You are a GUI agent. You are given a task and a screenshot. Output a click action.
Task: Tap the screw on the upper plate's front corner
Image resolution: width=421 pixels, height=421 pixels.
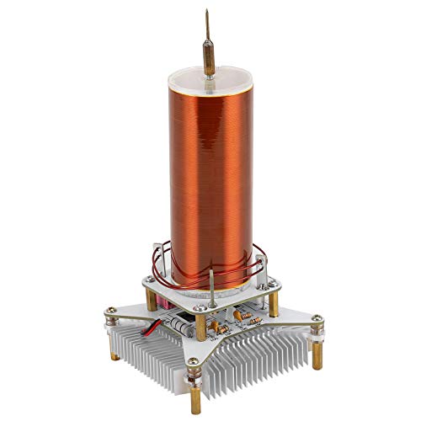(x=208, y=312)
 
